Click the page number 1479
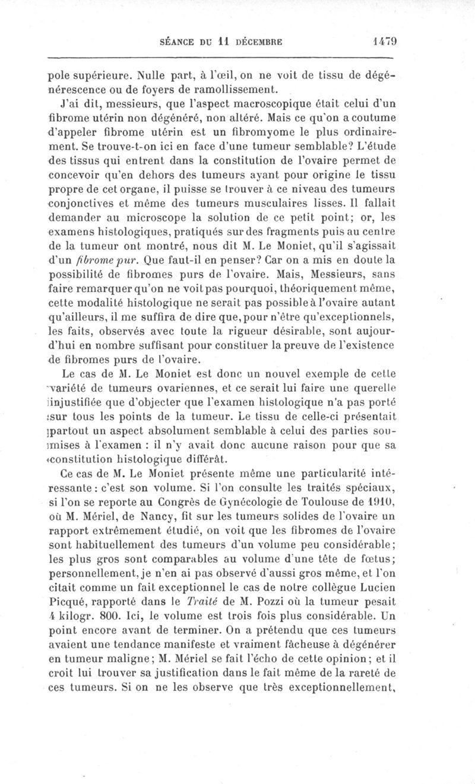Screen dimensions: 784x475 pyautogui.click(x=384, y=42)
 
